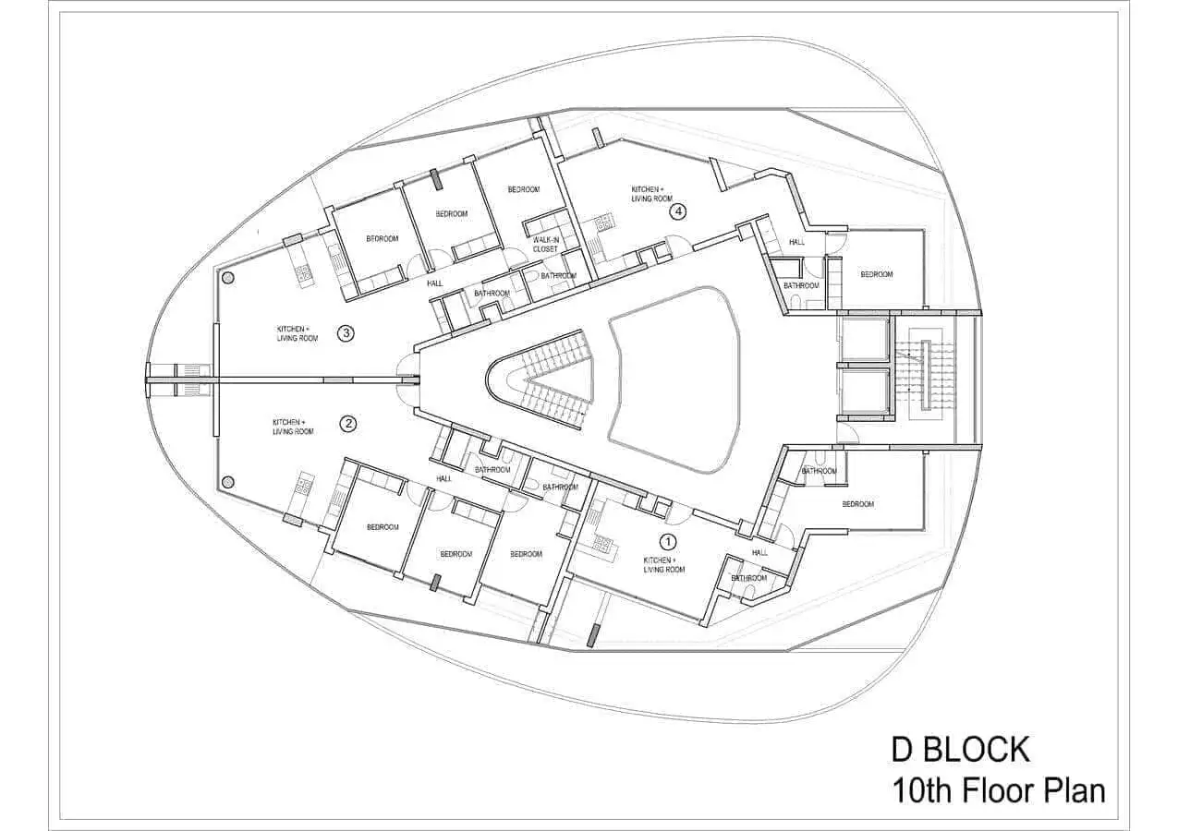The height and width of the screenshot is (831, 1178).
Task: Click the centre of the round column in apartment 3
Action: (x=227, y=279)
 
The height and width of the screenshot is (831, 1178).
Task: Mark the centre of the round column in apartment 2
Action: (x=227, y=481)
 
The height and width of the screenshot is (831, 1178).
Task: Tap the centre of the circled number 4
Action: (x=678, y=211)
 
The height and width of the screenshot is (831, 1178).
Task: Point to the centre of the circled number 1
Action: (x=668, y=541)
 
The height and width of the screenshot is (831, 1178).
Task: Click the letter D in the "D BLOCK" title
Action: (x=903, y=750)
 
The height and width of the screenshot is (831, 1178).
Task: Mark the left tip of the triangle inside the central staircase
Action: (x=528, y=378)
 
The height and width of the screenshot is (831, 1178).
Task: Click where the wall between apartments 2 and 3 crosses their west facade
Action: (x=214, y=379)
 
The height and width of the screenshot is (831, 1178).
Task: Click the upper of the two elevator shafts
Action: (x=865, y=339)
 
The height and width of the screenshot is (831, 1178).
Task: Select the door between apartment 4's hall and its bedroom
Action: (x=835, y=245)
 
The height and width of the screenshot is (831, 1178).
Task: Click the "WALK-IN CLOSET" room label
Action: (x=545, y=245)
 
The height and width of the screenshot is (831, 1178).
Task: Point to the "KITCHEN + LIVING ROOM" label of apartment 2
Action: (x=293, y=427)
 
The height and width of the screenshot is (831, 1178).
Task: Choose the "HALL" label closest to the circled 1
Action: (x=759, y=552)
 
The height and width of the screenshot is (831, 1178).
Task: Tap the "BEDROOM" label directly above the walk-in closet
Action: (x=523, y=189)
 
